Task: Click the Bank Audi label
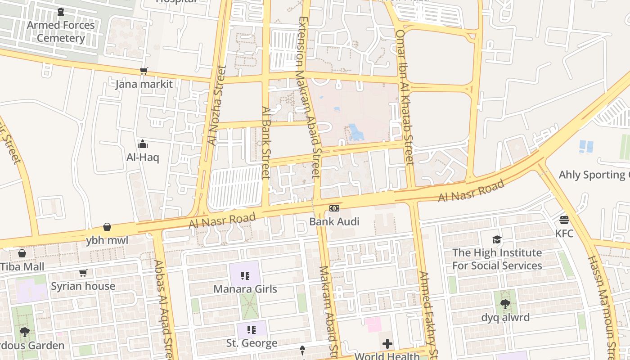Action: (334, 221)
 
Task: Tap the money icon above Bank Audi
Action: (334, 208)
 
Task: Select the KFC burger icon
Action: (564, 220)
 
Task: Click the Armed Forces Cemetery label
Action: (61, 31)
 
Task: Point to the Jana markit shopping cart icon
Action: (144, 71)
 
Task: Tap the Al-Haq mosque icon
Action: (143, 144)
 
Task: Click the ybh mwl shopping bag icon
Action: (107, 226)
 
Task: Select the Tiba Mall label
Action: (22, 266)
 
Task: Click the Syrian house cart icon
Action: (83, 273)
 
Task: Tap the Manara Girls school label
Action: (245, 289)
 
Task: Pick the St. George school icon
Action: (252, 330)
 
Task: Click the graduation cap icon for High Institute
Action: (497, 239)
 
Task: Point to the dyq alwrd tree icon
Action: (505, 304)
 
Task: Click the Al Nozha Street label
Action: (217, 106)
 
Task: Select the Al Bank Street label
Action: (266, 142)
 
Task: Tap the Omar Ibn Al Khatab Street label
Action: (404, 97)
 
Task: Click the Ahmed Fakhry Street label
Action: (428, 313)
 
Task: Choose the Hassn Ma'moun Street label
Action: (603, 306)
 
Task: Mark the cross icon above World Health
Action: (387, 344)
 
